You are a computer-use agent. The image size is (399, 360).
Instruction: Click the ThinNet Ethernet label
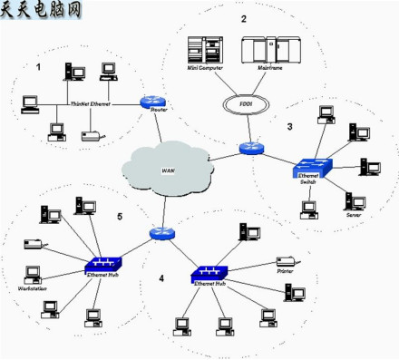tap(91, 106)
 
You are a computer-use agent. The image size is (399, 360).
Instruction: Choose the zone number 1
tap(38, 68)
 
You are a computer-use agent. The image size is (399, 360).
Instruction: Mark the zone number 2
tap(243, 19)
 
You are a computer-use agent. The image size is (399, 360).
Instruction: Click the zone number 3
tap(289, 127)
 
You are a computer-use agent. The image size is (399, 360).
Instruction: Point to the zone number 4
tap(161, 278)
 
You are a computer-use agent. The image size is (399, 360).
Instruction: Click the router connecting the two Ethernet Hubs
tap(161, 233)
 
